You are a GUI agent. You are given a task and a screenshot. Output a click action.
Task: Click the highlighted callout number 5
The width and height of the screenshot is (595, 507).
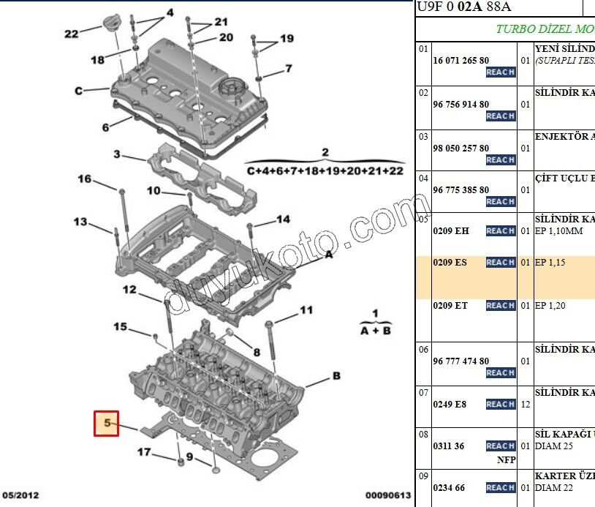tap(107, 423)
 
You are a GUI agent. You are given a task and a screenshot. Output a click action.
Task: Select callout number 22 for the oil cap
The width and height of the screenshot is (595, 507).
tap(71, 34)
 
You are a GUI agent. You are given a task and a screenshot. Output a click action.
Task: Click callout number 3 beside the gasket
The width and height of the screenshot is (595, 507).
tap(116, 154)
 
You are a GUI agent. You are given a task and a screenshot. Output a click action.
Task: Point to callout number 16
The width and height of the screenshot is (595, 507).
tap(85, 179)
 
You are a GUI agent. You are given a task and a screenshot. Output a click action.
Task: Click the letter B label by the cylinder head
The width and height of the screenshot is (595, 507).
tap(336, 376)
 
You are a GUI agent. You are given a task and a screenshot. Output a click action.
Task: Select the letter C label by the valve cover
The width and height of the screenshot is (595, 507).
tap(78, 91)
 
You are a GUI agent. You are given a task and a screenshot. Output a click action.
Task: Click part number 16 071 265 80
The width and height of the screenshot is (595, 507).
tap(461, 61)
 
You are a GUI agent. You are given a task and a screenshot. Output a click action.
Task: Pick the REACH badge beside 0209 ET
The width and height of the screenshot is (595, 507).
tap(501, 306)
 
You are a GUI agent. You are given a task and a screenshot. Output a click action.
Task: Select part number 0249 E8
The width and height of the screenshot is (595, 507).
tap(450, 404)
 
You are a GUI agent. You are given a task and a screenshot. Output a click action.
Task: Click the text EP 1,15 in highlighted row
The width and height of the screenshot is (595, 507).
tap(550, 263)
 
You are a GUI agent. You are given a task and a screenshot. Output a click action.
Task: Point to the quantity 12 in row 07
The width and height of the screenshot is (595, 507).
tap(525, 404)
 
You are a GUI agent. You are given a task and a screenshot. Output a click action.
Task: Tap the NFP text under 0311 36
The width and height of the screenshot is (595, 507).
tap(505, 461)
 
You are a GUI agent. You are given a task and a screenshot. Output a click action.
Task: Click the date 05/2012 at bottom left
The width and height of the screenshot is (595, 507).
tap(20, 495)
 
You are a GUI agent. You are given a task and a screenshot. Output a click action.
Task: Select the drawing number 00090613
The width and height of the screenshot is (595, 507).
tap(387, 495)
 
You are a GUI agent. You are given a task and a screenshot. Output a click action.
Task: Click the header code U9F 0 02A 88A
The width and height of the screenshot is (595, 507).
tap(464, 7)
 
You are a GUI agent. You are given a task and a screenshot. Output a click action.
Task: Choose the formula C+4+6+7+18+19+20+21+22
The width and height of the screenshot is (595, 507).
tap(325, 170)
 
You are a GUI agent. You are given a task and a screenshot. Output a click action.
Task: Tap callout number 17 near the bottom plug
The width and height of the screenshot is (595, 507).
tap(144, 452)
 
